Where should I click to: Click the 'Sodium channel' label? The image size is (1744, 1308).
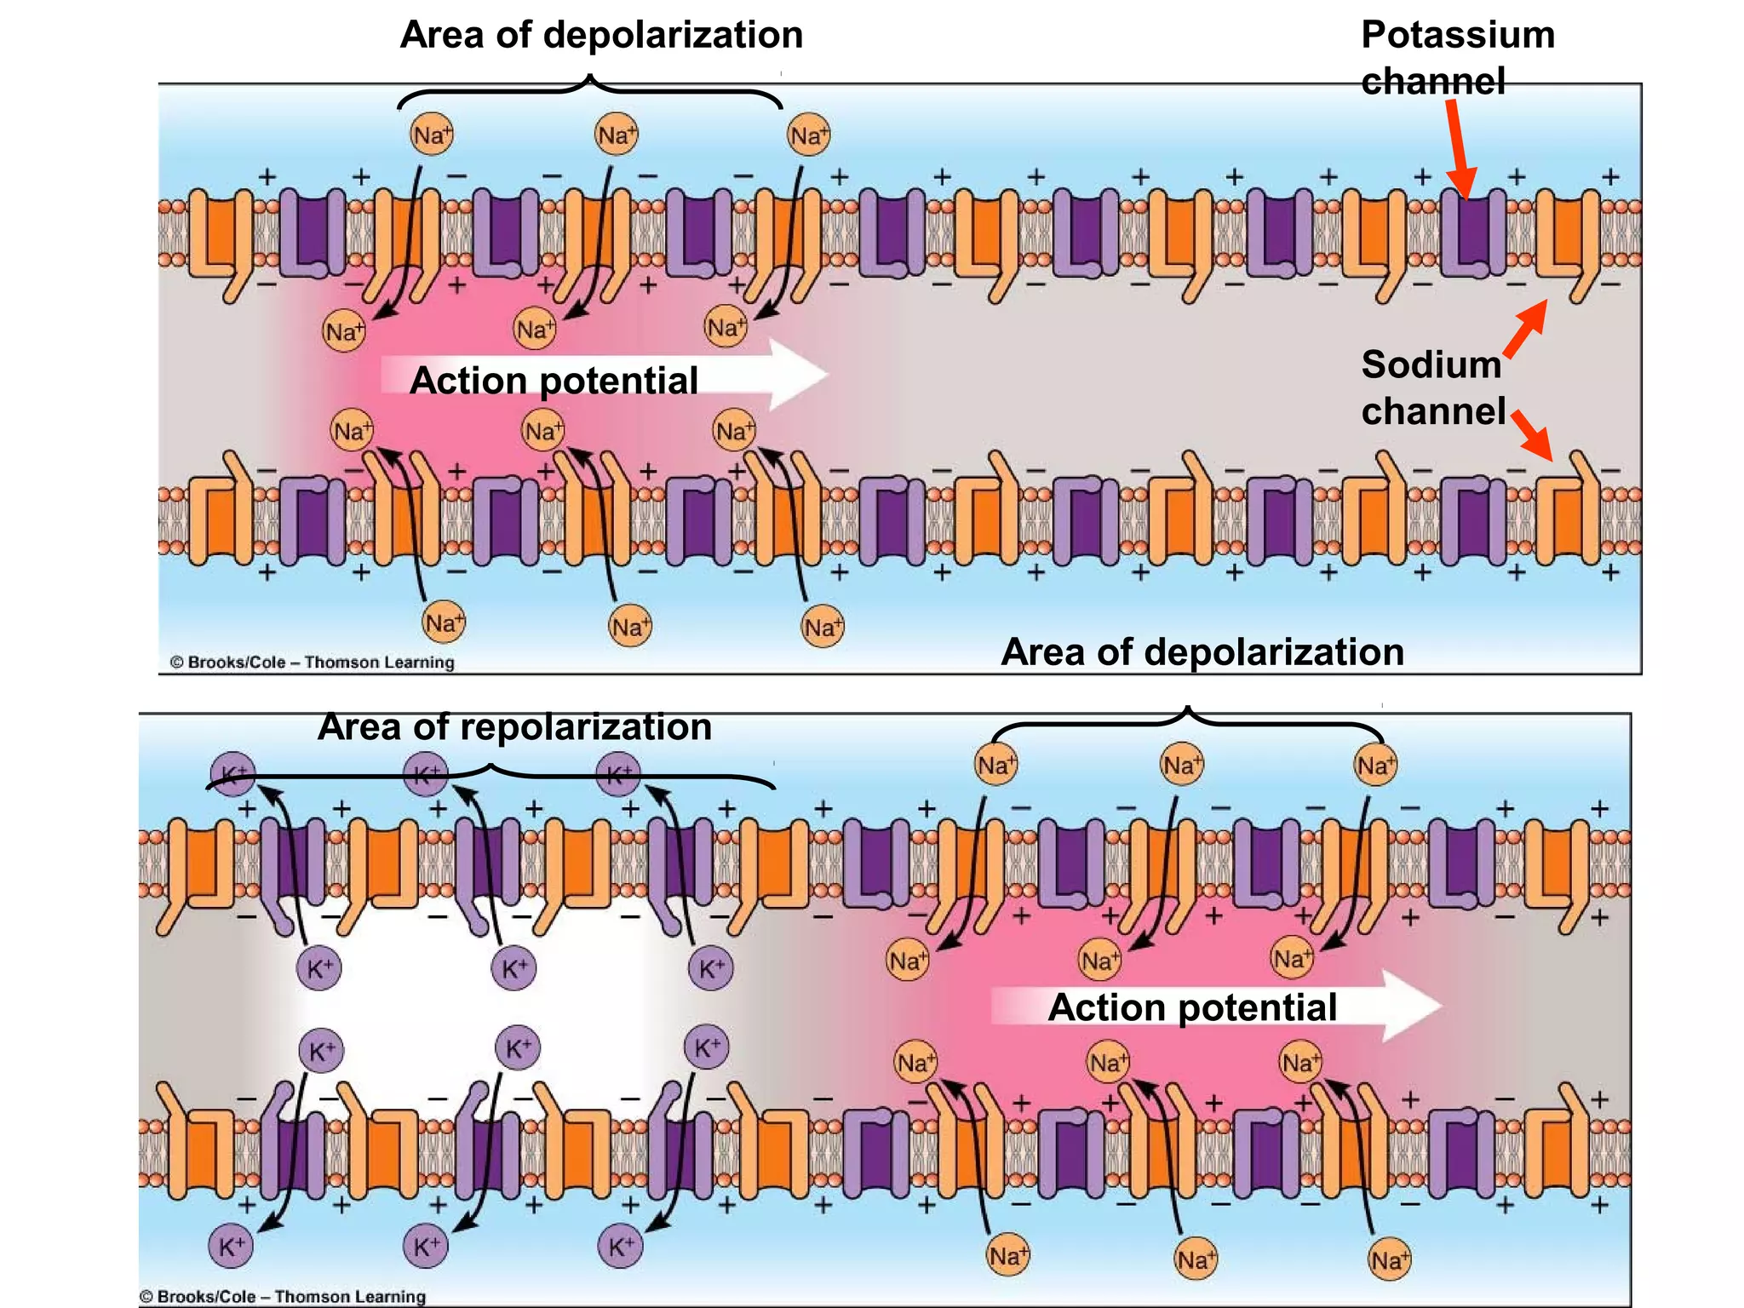[1433, 387]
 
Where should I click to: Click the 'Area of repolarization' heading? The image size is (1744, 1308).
[514, 727]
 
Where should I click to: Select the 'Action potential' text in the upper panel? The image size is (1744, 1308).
[554, 380]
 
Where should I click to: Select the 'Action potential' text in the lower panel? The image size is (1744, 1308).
[1191, 1007]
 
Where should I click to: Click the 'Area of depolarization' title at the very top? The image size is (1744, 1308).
[601, 35]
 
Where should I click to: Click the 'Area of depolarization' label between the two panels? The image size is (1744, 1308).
[1202, 652]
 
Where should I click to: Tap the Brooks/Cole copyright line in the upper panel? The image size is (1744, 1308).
[313, 662]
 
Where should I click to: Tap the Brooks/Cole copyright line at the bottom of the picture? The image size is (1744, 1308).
[283, 1296]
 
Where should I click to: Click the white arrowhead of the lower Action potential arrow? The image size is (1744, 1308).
[1410, 1006]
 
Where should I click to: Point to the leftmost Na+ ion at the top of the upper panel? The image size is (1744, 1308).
[432, 135]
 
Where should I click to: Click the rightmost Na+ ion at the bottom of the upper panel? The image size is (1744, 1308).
[823, 628]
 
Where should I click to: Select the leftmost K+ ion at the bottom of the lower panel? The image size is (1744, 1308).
[231, 1247]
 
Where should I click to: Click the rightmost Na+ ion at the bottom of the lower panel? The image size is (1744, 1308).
[1389, 1259]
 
